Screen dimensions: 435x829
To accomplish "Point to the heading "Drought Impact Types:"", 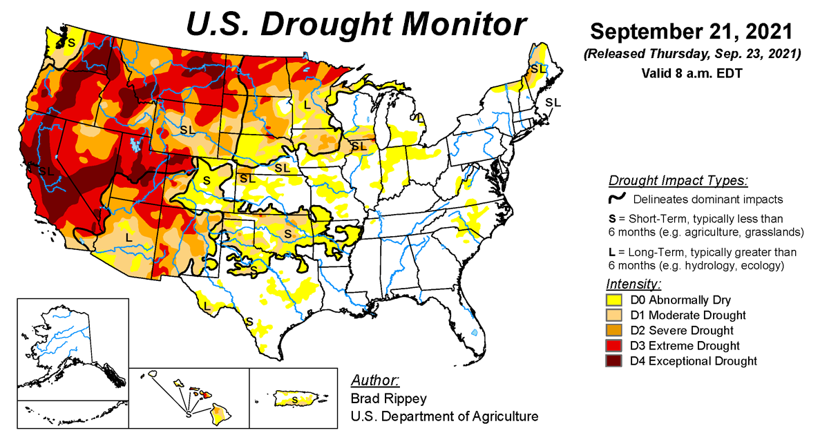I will pos(678,181).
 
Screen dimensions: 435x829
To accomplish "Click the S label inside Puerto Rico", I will pos(295,400).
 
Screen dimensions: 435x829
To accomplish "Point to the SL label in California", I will pos(46,171).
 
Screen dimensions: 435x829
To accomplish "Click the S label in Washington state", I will pos(70,42).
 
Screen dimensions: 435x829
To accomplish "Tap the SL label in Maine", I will pos(538,69).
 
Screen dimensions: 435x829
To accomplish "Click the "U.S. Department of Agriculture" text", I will pos(444,416).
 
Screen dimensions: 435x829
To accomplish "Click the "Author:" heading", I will pos(375,380).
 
